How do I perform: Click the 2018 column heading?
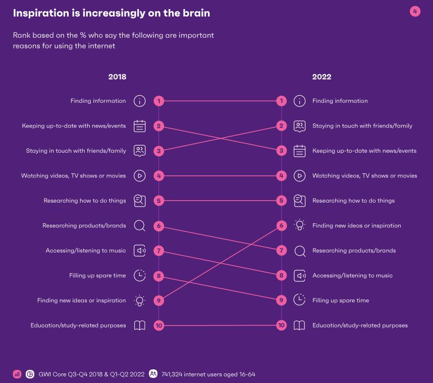point(117,77)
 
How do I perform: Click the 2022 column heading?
point(321,77)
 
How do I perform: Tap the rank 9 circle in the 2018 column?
point(158,300)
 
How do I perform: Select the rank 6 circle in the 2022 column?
point(282,225)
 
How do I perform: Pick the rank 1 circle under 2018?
point(158,101)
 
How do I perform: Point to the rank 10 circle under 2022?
point(282,325)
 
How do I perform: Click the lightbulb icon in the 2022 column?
point(299,225)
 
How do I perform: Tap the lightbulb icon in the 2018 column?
point(140,300)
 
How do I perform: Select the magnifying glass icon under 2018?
point(140,226)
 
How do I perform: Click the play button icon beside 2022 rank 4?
point(299,176)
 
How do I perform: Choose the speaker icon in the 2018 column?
point(140,250)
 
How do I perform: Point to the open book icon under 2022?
point(299,325)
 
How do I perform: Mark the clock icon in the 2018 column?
point(140,275)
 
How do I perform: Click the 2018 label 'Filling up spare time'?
point(97,276)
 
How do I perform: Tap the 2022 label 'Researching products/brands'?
point(354,250)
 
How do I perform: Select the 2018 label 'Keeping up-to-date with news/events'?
point(74,126)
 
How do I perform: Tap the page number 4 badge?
point(415,11)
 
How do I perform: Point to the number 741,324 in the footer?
point(173,374)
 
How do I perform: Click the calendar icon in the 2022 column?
point(299,151)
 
